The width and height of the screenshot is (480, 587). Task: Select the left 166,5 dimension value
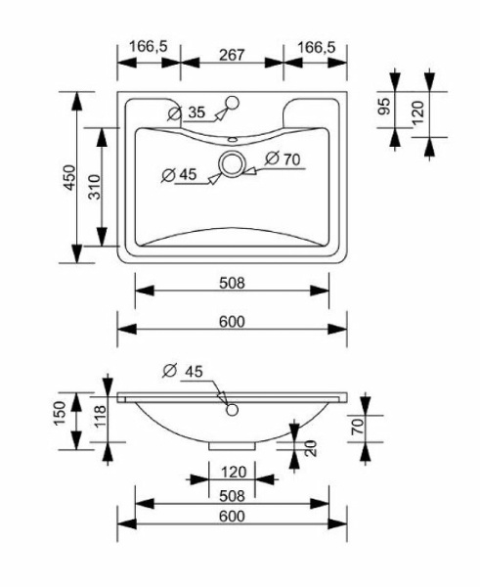tap(149, 47)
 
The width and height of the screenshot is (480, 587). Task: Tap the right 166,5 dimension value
tap(316, 47)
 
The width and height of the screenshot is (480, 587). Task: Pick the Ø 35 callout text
tap(187, 113)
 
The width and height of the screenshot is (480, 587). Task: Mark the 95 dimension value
tap(385, 106)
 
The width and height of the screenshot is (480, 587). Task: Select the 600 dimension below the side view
tap(231, 516)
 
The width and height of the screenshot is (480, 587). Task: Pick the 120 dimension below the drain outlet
tap(232, 471)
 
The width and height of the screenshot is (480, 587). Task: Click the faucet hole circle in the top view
tap(234, 102)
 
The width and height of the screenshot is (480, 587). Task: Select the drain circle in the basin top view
tap(233, 163)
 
